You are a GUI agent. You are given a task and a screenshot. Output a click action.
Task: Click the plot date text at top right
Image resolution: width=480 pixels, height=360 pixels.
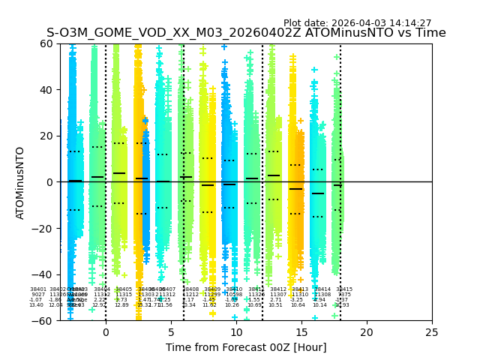[x=357, y=23]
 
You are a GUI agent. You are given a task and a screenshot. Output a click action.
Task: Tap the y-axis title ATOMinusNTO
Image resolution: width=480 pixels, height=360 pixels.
[x=20, y=182]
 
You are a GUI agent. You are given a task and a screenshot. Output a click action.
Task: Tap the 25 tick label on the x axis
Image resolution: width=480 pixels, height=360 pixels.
[x=432, y=331]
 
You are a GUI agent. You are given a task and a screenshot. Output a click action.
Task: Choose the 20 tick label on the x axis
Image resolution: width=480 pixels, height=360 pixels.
[x=367, y=331]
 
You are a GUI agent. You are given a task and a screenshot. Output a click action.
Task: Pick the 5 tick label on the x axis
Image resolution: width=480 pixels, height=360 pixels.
[x=171, y=331]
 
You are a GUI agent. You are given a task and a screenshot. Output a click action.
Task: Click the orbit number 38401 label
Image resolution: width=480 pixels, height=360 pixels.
[x=37, y=289]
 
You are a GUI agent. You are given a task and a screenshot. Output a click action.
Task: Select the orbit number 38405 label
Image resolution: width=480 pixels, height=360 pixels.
[x=124, y=289]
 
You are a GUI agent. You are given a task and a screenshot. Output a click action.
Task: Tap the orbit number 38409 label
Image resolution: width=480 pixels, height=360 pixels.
[x=212, y=289]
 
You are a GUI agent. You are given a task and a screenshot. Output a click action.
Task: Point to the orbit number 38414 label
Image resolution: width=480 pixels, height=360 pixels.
[x=322, y=289]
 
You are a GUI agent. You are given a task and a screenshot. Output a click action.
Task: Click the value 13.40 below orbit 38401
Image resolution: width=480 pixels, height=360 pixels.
[x=36, y=305]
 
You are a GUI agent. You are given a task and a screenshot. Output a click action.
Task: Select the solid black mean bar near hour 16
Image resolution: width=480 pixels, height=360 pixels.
[x=318, y=193]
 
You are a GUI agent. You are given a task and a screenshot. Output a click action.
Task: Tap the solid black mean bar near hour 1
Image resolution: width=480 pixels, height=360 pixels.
[x=119, y=173]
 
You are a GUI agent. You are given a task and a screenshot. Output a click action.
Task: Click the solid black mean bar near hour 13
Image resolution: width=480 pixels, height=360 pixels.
[x=274, y=175]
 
